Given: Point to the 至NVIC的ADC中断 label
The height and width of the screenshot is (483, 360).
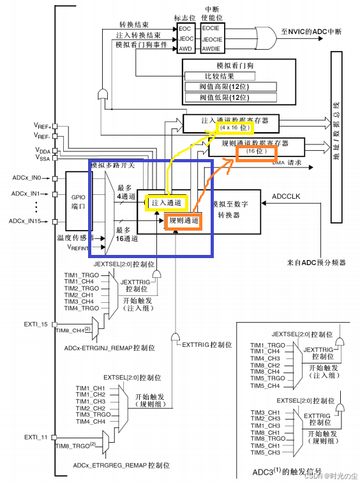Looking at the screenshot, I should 315,31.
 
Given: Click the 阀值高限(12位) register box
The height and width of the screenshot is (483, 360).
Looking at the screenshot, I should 239,87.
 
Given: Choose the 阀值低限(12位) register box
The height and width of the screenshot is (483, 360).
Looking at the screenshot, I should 239,98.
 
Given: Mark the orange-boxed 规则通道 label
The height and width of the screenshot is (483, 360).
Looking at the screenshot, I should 183,221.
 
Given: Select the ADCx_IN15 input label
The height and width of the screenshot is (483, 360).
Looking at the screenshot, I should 27,221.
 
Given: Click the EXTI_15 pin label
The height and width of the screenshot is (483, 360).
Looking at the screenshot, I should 36,324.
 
